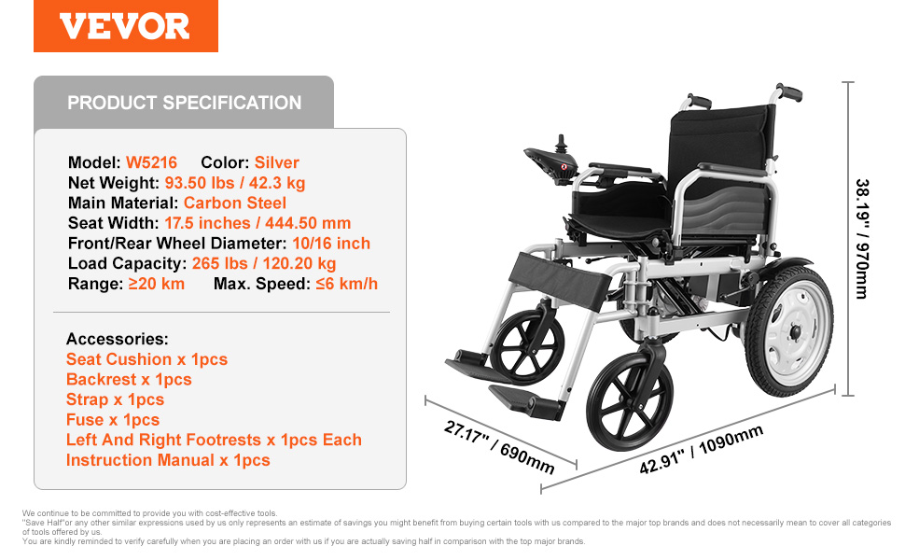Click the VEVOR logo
point(125,26)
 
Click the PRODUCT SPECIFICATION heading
point(184,103)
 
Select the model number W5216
point(151,162)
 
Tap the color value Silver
point(276,162)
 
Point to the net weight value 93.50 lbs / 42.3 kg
point(235,182)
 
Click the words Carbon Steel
point(234,203)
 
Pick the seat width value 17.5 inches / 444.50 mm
point(258,223)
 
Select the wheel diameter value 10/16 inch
point(331,243)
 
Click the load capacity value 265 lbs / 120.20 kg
point(264,263)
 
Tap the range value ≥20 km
point(156,284)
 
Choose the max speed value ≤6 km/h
point(346,284)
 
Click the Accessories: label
point(118,339)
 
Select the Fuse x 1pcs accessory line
point(113,420)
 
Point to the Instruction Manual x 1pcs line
point(168,460)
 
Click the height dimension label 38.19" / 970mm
point(862,238)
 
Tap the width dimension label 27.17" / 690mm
point(499,447)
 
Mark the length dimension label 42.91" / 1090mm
point(702,449)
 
